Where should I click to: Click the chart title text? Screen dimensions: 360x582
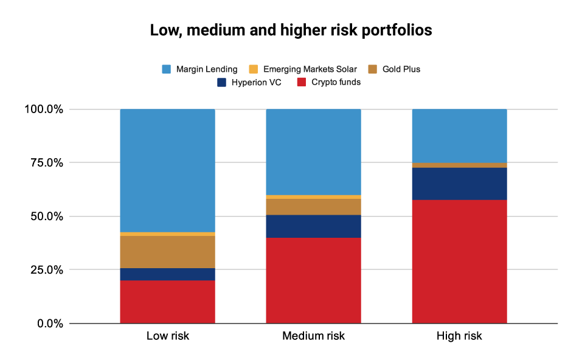click(x=291, y=31)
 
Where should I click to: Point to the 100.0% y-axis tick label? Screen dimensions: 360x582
click(x=44, y=109)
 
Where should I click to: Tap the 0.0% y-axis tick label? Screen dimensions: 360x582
click(x=50, y=324)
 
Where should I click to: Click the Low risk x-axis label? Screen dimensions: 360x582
click(x=168, y=336)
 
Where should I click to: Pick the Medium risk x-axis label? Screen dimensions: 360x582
click(x=313, y=336)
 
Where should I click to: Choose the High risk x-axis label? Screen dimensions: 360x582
click(x=459, y=336)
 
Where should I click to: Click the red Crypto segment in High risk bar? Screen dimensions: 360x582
click(x=459, y=261)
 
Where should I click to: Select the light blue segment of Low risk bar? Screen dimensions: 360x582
click(x=168, y=170)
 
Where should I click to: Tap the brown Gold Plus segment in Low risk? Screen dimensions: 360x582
click(x=168, y=252)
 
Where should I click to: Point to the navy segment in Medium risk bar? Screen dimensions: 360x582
click(x=313, y=226)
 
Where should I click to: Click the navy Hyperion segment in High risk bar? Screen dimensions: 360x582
click(x=459, y=184)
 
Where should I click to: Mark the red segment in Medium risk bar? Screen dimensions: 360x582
click(x=313, y=280)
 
